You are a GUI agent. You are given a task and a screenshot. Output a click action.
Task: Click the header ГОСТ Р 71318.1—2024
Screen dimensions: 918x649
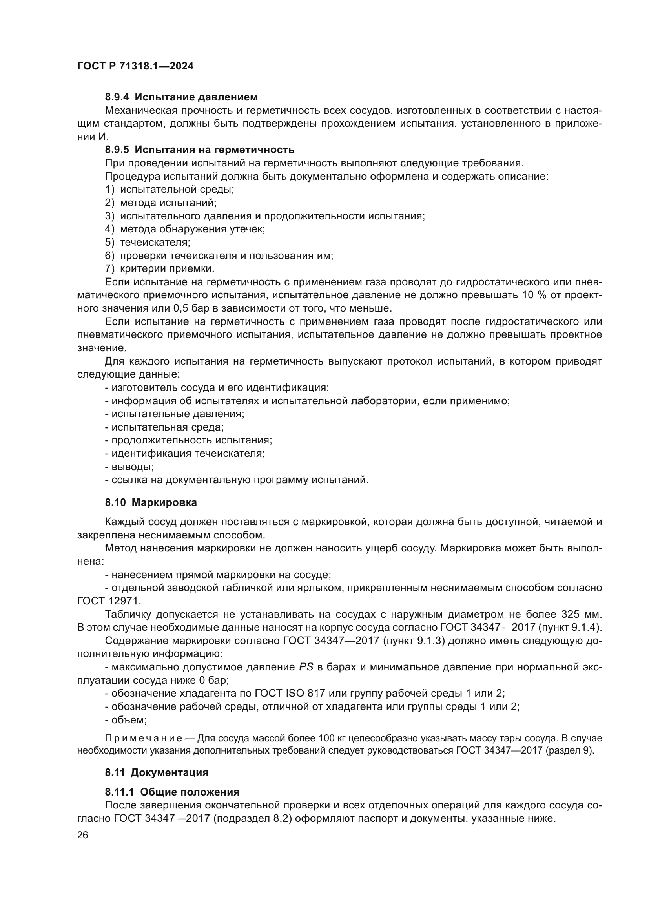[x=135, y=66]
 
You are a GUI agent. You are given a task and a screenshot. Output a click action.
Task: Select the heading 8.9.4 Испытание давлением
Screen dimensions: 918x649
[x=181, y=97]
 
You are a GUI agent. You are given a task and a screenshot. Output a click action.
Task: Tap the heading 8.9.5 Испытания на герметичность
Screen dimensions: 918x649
[x=199, y=150]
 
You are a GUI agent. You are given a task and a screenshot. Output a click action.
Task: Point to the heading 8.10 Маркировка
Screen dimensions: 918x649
[x=151, y=503]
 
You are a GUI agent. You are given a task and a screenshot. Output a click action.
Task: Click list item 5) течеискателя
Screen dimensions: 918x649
[x=148, y=242]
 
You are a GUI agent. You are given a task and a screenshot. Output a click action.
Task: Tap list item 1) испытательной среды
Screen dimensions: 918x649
[x=170, y=190]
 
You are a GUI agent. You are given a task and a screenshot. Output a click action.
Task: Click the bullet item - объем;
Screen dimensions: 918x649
[x=126, y=720]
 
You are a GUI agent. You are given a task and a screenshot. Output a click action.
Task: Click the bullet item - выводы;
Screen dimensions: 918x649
[x=129, y=467]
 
